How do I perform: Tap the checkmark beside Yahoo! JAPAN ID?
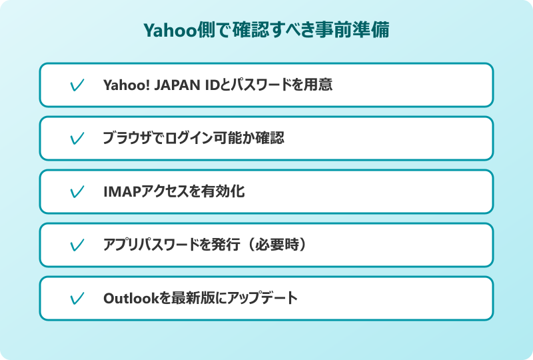(x=77, y=85)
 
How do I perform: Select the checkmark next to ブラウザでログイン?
(x=77, y=139)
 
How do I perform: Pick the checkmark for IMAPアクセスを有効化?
(x=77, y=192)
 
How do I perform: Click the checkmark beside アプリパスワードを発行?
(x=77, y=245)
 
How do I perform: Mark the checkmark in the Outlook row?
(x=77, y=299)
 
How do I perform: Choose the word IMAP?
(x=119, y=192)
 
